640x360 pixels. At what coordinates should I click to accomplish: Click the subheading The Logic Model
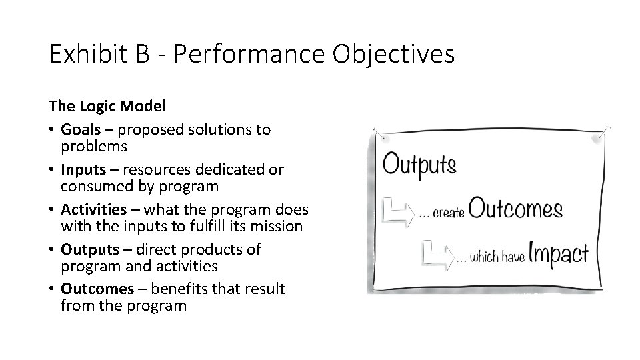tap(107, 106)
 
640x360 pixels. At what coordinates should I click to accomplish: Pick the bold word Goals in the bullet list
tap(79, 129)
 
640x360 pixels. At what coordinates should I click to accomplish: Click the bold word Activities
tap(93, 209)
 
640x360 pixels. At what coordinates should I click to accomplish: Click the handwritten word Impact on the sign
tap(559, 253)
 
